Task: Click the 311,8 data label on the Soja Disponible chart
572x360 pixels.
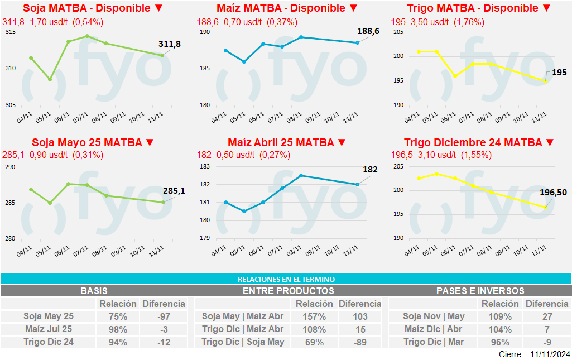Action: (x=170, y=44)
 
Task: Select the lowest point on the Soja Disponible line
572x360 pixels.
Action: (x=50, y=79)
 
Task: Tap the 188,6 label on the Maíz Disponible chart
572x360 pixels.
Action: (x=368, y=32)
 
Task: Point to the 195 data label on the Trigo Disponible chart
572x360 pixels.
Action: (x=559, y=73)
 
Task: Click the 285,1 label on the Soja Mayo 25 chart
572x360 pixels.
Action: (x=174, y=191)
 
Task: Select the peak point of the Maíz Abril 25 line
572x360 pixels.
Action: (x=301, y=175)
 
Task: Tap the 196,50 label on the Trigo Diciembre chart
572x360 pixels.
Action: (x=553, y=193)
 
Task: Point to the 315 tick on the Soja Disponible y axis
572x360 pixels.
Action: (x=11, y=32)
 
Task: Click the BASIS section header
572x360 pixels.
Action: (x=94, y=291)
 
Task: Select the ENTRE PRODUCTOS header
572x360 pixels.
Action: (x=289, y=291)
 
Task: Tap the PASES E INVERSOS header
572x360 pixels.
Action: (x=480, y=291)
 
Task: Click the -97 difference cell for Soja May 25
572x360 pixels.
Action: (x=164, y=316)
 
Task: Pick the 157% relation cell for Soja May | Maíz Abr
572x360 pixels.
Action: (x=310, y=316)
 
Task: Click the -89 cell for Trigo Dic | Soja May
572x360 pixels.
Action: (x=360, y=342)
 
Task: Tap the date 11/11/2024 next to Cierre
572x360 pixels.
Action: (x=550, y=354)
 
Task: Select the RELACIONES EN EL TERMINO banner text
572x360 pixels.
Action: (x=286, y=279)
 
